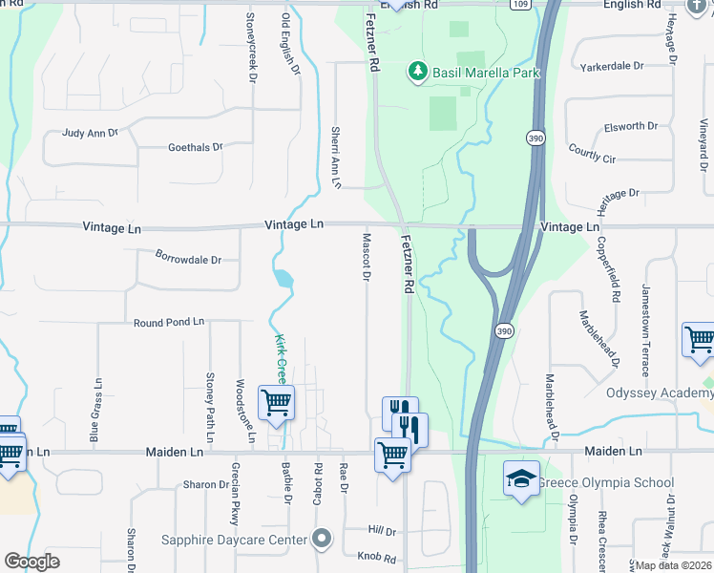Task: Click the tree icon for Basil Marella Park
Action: click(x=416, y=72)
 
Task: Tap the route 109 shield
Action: click(x=519, y=5)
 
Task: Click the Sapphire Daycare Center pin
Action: click(x=323, y=540)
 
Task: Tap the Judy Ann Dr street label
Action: click(x=90, y=134)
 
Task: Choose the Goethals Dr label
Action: click(x=195, y=147)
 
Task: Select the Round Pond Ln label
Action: click(x=169, y=323)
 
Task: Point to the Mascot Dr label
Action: click(x=366, y=257)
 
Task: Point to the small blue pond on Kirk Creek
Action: click(x=283, y=279)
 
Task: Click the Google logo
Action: click(x=31, y=562)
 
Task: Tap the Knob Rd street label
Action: click(x=376, y=557)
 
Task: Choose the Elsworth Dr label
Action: click(x=632, y=126)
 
